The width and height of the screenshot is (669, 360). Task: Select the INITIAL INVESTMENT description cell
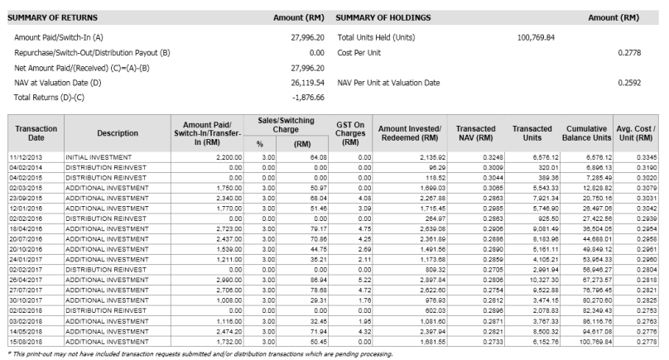click(95, 156)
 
